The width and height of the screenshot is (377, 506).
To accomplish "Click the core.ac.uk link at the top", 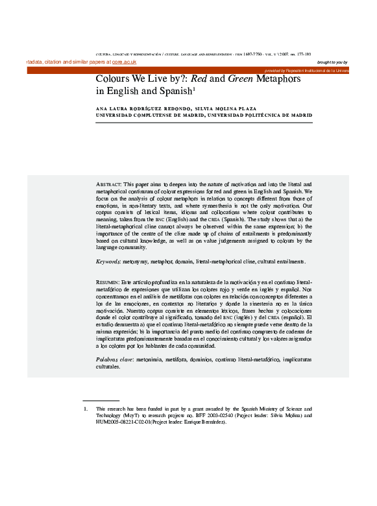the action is coord(123,62).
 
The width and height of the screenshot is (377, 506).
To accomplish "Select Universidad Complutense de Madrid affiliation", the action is coord(149,115).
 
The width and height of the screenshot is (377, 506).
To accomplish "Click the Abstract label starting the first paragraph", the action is coord(108,184).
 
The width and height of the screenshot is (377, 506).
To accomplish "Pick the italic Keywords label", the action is coord(108,261).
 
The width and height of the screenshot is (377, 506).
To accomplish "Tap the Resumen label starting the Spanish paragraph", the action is coord(107,283).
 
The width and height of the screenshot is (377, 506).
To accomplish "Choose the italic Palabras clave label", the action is coord(115,359).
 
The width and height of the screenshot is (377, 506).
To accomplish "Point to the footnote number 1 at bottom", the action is coord(84,409).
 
